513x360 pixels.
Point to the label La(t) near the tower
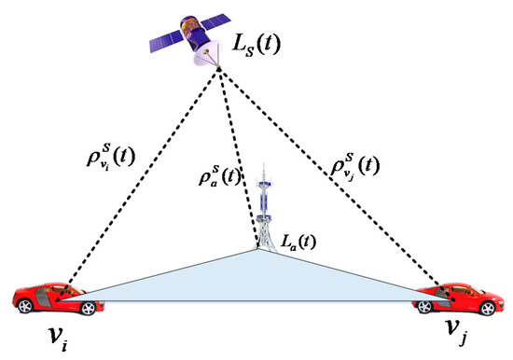[295, 242]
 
